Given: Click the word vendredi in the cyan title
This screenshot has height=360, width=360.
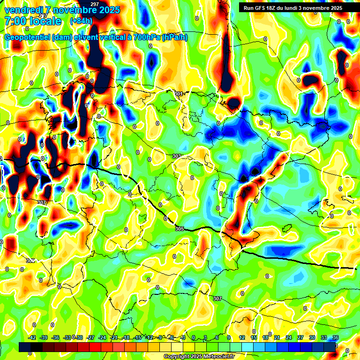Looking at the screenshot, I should click(21, 10).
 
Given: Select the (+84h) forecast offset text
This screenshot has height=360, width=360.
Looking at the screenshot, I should click(81, 21).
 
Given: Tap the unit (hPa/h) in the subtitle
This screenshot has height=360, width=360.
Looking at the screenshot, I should click(174, 37).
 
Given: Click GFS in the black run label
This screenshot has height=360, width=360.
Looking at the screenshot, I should click(262, 8).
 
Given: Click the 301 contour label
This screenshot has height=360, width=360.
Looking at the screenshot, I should click(178, 94).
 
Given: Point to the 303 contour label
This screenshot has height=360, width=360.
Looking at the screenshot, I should click(176, 156).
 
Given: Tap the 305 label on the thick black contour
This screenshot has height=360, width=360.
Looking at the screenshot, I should click(179, 229).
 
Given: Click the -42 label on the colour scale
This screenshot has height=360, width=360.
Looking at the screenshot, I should click(32, 337).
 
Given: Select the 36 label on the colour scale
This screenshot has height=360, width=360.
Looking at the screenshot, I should click(335, 337).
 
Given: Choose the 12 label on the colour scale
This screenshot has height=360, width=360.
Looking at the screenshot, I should click(241, 337).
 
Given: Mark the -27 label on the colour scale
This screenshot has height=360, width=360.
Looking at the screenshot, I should click(91, 337).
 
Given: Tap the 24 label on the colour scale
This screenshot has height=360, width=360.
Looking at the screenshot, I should click(288, 337).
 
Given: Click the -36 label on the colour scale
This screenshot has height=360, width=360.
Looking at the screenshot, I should click(56, 337).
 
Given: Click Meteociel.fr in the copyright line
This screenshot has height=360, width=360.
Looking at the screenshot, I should click(217, 356).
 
